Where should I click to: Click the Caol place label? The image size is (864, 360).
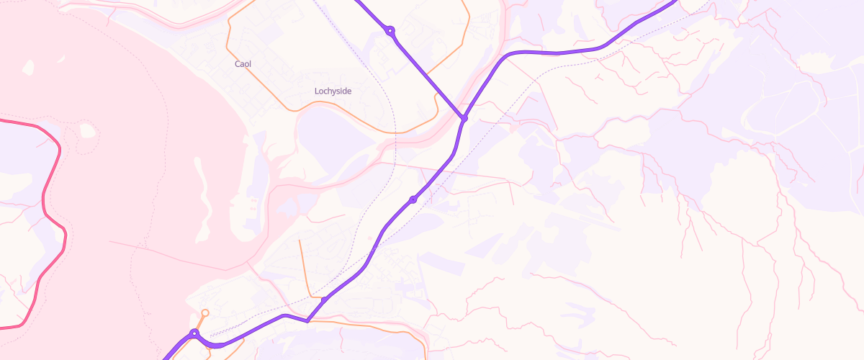[243, 64]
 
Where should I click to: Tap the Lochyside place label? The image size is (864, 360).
[333, 91]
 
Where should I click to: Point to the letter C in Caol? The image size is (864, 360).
[238, 64]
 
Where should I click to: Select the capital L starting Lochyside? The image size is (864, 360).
[317, 91]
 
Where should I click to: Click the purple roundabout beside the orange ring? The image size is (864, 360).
[194, 333]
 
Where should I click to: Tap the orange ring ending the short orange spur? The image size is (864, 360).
[205, 312]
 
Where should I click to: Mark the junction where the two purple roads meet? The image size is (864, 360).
[464, 118]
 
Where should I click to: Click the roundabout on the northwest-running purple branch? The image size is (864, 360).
[390, 30]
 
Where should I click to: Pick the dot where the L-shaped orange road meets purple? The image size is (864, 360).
[325, 298]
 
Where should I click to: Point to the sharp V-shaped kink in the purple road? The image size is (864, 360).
[307, 321]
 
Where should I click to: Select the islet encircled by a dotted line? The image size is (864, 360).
[87, 131]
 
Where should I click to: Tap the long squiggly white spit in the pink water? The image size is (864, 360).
[204, 194]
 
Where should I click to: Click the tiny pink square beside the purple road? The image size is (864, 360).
[370, 237]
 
